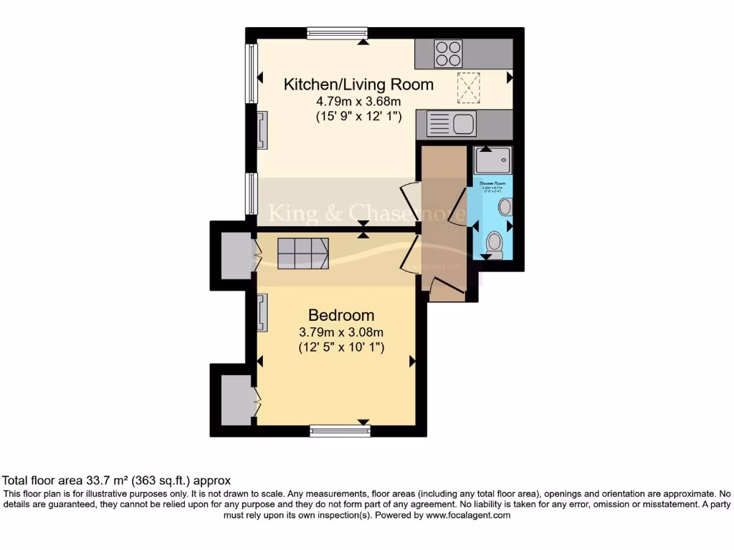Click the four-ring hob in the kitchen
tap(449, 54)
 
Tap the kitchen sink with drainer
tap(451, 125)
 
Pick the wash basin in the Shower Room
tap(505, 208)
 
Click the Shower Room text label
tap(492, 184)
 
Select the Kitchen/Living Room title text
tap(358, 85)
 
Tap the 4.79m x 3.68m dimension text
tap(358, 101)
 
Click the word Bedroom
tap(341, 315)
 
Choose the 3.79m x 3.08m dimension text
tap(341, 332)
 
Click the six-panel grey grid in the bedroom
tap(302, 253)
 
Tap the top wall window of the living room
tap(337, 32)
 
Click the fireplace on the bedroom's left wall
tap(262, 313)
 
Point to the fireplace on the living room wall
tap(262, 130)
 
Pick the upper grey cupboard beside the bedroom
tap(234, 255)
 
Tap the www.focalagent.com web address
tap(468, 515)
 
